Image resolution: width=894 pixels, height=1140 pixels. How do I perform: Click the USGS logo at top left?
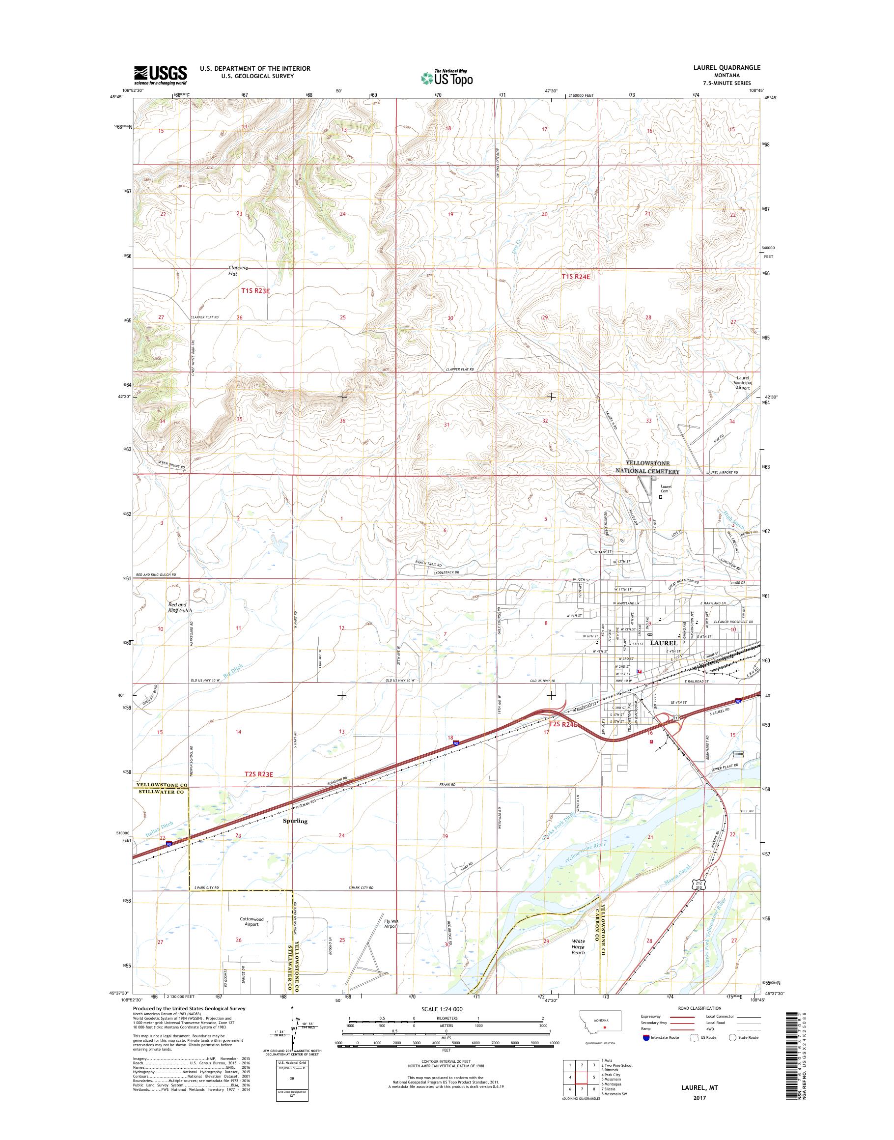pos(160,75)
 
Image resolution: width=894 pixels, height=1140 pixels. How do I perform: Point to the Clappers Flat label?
pos(238,270)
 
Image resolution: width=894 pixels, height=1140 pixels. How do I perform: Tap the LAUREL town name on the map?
pos(663,643)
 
